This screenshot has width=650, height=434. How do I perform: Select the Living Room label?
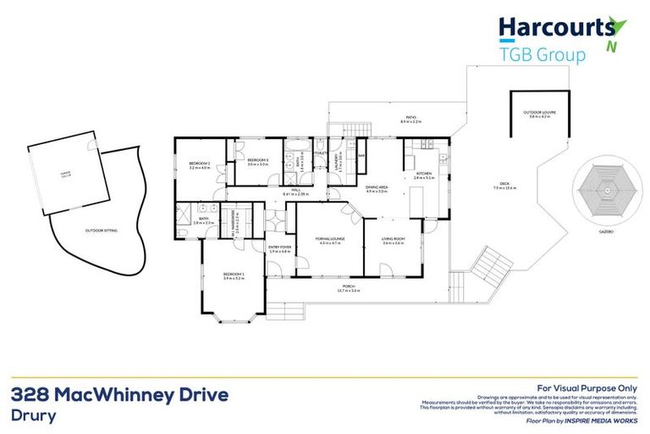[x=394, y=239]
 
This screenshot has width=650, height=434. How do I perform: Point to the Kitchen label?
[x=424, y=174]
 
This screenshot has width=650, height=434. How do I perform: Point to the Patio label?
[x=410, y=119]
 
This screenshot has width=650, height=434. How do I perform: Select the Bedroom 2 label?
[x=200, y=164]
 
